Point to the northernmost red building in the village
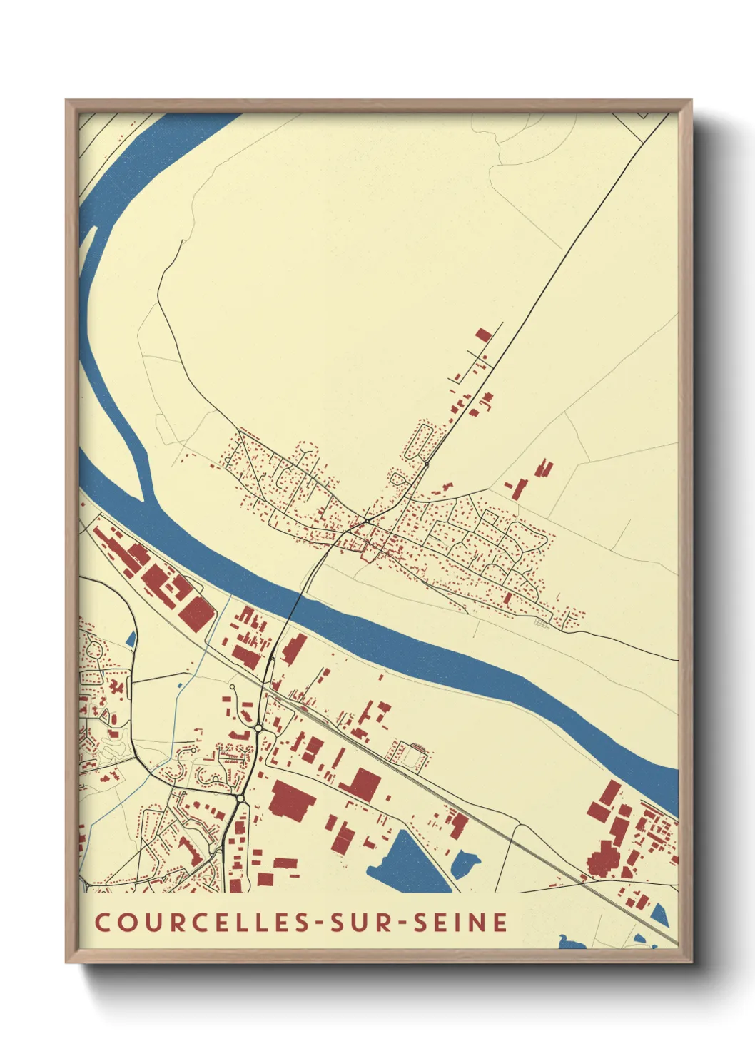tap(483, 334)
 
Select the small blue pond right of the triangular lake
tap(465, 864)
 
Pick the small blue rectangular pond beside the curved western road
tap(131, 639)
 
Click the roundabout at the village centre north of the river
tap(367, 522)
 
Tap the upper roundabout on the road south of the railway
tap(258, 727)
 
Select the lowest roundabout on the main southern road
tap(240, 797)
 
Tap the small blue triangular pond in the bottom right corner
tap(660, 915)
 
